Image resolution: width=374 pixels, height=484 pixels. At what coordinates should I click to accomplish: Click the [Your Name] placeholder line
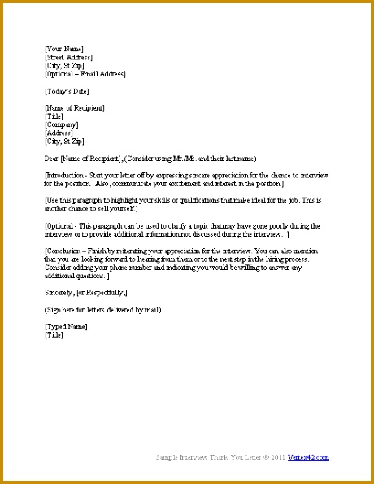coord(63,49)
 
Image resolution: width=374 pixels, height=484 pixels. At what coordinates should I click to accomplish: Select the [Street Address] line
coord(68,57)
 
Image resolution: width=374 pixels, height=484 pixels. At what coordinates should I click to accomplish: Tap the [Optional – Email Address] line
coord(85,74)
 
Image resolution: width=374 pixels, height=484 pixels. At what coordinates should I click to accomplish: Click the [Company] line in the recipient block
coord(62,125)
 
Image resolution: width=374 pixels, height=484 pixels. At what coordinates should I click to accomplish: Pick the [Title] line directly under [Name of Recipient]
coord(55,117)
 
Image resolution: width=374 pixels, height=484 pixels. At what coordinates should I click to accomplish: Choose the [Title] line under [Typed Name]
coord(55,334)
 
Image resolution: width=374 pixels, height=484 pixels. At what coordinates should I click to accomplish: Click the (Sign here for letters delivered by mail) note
coord(102,310)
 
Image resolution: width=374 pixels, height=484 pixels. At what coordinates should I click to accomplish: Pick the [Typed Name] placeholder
coord(66,326)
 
